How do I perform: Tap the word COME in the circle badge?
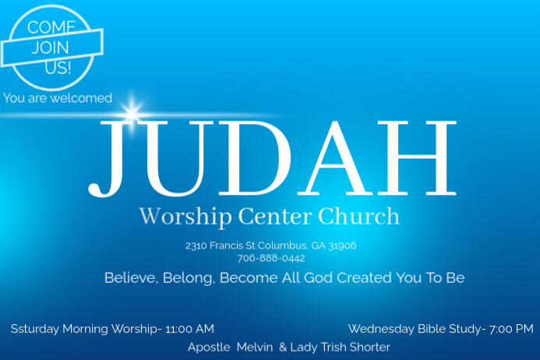click(51, 27)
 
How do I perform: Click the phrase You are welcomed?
click(58, 98)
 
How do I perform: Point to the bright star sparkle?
click(130, 111)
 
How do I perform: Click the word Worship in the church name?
click(175, 216)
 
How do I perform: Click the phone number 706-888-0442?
click(270, 258)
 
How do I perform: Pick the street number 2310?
click(196, 245)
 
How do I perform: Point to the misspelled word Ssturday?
click(35, 329)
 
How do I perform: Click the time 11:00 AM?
click(189, 329)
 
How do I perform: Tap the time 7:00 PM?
click(511, 329)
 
